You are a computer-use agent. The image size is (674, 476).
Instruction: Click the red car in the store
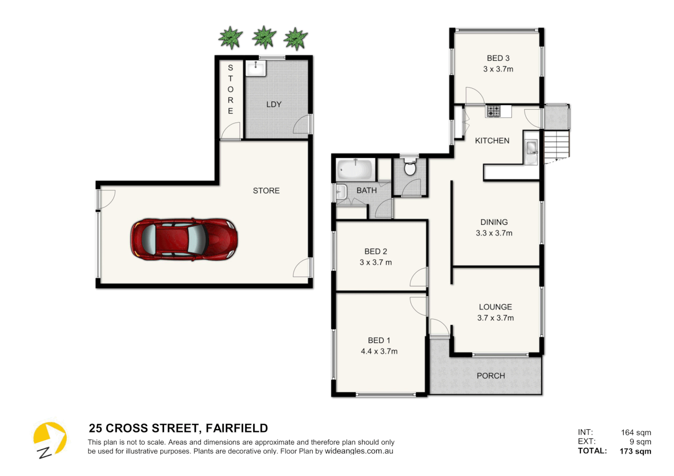(184, 239)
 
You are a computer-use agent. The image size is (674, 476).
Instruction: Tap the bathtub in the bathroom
(355, 170)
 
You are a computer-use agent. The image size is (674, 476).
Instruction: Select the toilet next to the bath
(410, 167)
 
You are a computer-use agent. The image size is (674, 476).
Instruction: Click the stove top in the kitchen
(493, 111)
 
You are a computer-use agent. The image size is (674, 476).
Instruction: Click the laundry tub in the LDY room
(256, 69)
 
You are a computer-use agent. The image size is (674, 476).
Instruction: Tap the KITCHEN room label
(492, 141)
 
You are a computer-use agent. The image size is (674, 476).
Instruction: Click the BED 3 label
(498, 58)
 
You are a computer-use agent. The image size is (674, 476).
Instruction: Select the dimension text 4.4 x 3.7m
(379, 351)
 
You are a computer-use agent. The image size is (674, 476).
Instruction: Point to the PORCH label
(491, 376)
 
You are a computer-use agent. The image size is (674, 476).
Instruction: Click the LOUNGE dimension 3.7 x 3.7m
(495, 318)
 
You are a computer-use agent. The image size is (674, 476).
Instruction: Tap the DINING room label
(494, 222)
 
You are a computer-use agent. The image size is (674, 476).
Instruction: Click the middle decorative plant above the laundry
(264, 37)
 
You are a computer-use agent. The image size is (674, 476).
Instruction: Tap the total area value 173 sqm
(635, 451)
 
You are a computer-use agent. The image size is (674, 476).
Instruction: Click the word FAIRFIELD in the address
(236, 428)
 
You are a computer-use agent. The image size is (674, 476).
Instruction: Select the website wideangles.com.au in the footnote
(359, 451)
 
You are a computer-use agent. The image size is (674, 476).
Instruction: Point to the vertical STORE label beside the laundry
(230, 89)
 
